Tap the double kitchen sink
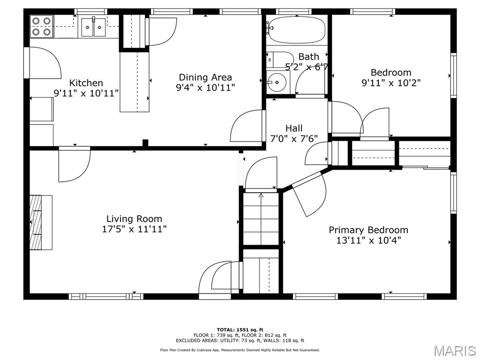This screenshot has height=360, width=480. [94, 27]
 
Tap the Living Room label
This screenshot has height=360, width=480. [134, 218]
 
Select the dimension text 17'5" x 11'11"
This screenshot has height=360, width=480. [134, 229]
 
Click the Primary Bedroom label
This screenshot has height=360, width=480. [368, 230]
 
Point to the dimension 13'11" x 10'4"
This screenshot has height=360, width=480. [368, 240]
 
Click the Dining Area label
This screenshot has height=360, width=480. [205, 77]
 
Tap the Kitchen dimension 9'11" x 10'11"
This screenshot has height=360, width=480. [86, 93]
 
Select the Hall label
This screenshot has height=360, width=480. [294, 128]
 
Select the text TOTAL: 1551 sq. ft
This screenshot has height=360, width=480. [240, 330]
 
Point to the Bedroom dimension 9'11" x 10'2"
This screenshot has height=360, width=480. [391, 83]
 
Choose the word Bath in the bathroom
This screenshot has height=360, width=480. [308, 57]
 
